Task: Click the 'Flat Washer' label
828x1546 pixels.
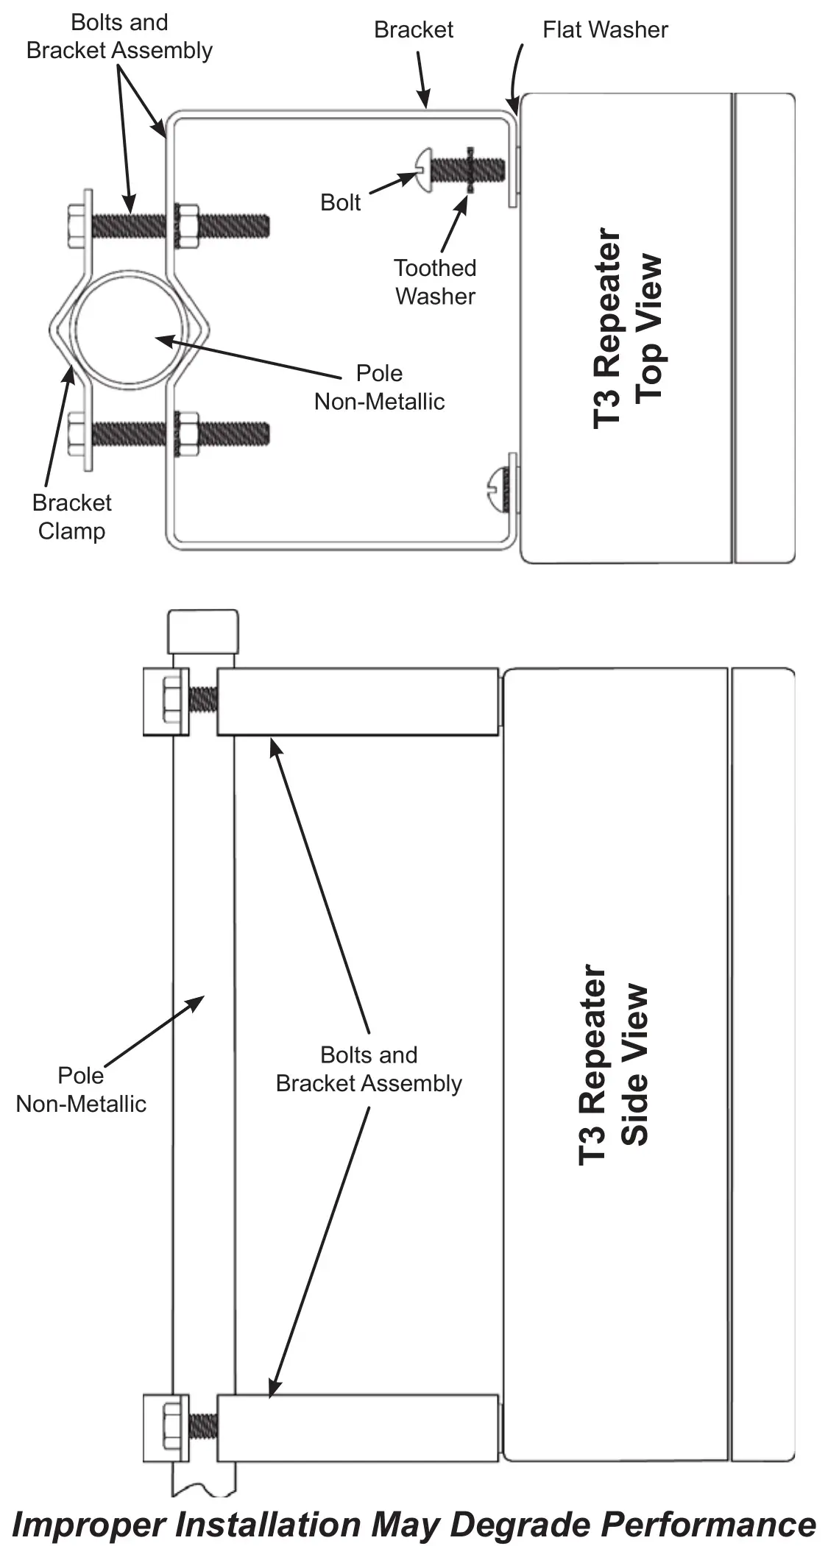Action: [x=605, y=29]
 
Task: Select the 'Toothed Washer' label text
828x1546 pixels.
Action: [x=435, y=282]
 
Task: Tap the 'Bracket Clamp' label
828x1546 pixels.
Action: [x=71, y=517]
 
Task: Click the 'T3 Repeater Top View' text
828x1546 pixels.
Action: [x=628, y=328]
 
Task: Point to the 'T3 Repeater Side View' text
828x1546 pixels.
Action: [x=614, y=1065]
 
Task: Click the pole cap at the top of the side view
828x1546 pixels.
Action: [x=202, y=631]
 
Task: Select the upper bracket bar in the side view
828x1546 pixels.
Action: [x=358, y=701]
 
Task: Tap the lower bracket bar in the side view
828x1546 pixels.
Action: [x=358, y=1428]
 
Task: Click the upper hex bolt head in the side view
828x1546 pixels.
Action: [x=171, y=700]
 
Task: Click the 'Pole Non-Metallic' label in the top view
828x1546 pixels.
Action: [x=379, y=387]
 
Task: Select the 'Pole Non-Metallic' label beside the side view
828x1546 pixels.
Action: [x=81, y=1090]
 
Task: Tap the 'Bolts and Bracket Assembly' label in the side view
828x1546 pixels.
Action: [x=369, y=1069]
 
